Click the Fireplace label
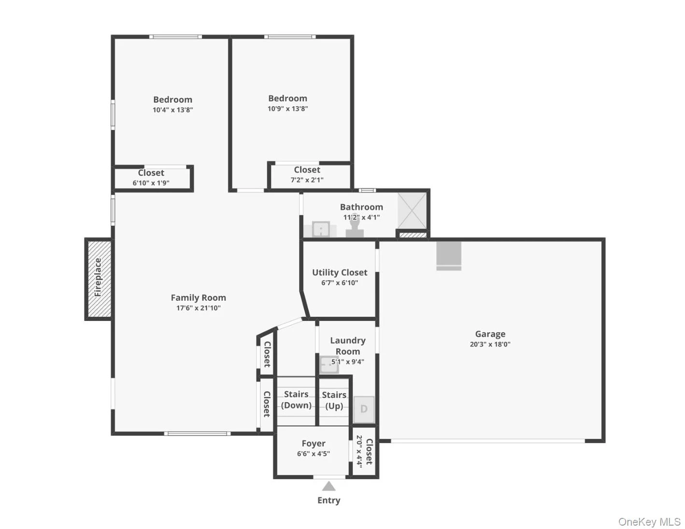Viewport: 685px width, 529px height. tap(98, 277)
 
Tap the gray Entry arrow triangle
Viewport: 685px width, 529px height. tap(328, 486)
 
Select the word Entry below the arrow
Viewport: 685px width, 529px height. tap(328, 501)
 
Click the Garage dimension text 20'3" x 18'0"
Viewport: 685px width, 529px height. tap(490, 344)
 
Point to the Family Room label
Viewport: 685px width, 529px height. tap(198, 297)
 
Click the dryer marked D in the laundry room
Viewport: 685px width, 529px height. tap(364, 409)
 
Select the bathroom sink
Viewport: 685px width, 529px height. tap(321, 229)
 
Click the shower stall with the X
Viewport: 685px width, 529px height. tap(412, 210)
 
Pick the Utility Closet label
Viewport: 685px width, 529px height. tap(340, 272)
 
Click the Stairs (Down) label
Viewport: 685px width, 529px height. tap(296, 400)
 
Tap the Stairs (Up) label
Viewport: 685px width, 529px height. tap(334, 400)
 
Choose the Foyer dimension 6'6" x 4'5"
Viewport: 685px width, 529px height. tap(314, 454)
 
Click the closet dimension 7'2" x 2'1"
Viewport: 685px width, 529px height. tap(307, 180)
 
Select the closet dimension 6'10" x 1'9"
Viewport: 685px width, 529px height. tap(151, 183)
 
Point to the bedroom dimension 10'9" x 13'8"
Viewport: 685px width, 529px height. tap(287, 109)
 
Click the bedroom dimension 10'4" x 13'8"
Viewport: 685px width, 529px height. tap(173, 110)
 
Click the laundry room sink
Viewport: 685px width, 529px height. tap(329, 364)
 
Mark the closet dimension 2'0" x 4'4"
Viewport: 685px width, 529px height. tap(359, 451)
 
